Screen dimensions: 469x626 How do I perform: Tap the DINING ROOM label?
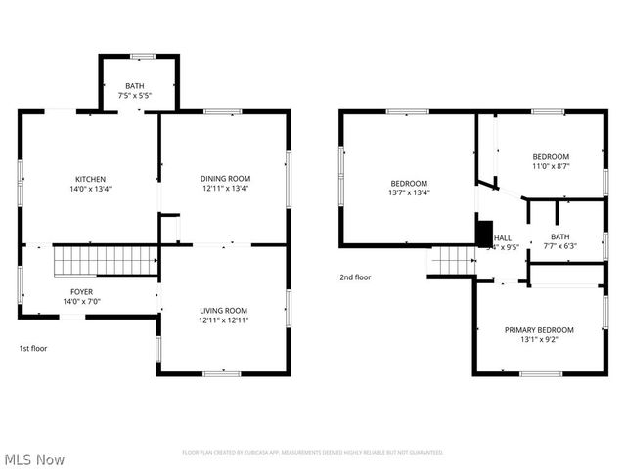pos(225,179)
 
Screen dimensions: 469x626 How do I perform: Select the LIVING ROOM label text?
pos(224,310)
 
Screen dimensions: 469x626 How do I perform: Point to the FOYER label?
pos(81,292)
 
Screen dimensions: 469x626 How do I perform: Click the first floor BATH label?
pos(138,86)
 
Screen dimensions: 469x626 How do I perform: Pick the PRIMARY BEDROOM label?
pos(539,330)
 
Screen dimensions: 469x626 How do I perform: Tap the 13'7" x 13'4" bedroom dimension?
pos(409,192)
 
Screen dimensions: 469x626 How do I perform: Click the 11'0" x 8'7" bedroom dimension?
pos(551,166)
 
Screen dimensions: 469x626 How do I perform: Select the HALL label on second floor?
pos(503,237)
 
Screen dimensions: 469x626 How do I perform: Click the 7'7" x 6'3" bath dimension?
pos(559,245)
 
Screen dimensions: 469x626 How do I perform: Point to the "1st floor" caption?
pos(33,348)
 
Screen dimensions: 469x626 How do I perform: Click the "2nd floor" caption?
pos(355,277)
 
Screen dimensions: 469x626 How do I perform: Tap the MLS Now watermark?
pos(35,458)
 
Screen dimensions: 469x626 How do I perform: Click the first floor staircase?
pos(106,261)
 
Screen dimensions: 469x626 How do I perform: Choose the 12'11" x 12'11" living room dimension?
pos(224,320)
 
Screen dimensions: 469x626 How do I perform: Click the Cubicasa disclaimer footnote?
pos(313,452)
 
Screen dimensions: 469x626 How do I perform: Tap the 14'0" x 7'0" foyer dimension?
pos(81,302)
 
